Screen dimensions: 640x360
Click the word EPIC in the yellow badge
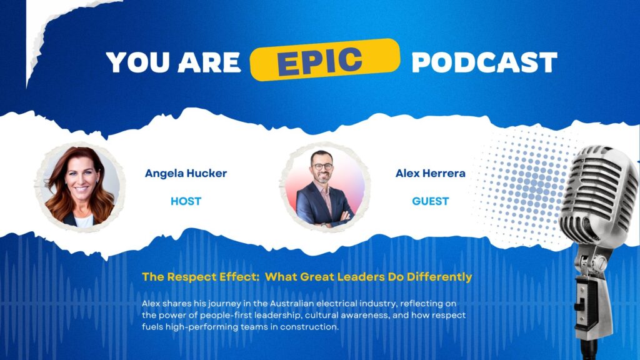pyautogui.click(x=319, y=62)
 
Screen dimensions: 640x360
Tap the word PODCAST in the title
pyautogui.click(x=484, y=62)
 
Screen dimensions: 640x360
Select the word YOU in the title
pyautogui.click(x=137, y=62)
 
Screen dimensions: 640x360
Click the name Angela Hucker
pyautogui.click(x=186, y=174)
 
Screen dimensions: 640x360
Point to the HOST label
pyautogui.click(x=186, y=201)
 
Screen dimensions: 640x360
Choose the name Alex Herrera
pyautogui.click(x=430, y=174)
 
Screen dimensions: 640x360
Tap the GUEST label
pyautogui.click(x=430, y=201)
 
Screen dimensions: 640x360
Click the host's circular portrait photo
pyautogui.click(x=81, y=186)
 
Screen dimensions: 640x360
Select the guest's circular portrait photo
pyautogui.click(x=325, y=187)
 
